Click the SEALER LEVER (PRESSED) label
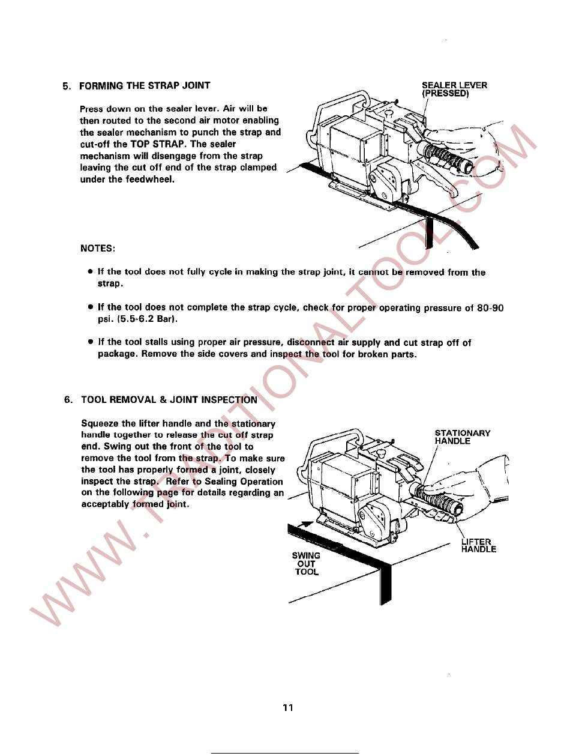click(454, 89)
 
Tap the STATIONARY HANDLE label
click(462, 437)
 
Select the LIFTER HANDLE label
click(478, 545)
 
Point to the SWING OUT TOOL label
click(307, 564)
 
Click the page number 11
click(288, 708)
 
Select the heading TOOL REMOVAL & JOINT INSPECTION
click(169, 399)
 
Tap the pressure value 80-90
click(490, 307)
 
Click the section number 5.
click(67, 85)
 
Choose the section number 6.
click(68, 399)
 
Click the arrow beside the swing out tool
click(305, 524)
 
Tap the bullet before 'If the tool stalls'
click(89, 342)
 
